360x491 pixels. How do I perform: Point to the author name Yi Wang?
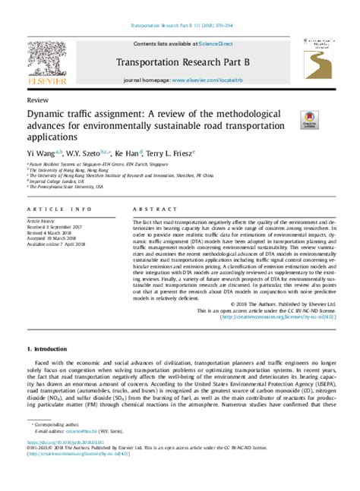tap(43, 153)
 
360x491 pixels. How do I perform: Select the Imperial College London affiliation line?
tap(57, 181)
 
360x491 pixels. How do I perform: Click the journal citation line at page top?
tap(180, 25)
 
